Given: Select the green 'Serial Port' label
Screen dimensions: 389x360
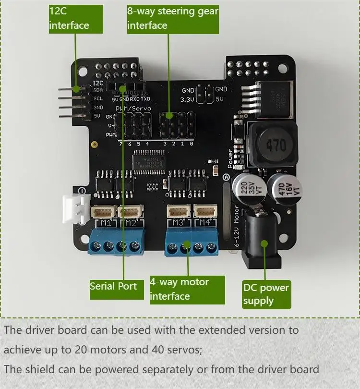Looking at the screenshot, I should tap(113, 287).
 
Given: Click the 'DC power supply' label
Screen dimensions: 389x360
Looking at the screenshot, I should tap(266, 294).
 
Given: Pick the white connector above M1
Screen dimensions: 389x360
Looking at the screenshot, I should tap(102, 211).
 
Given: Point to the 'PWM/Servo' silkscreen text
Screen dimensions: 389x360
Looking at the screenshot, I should tap(134, 109).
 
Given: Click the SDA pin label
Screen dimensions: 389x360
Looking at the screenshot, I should tap(98, 90).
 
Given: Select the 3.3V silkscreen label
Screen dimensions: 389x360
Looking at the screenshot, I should tap(187, 100).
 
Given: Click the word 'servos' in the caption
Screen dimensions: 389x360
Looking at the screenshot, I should tap(187, 350).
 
